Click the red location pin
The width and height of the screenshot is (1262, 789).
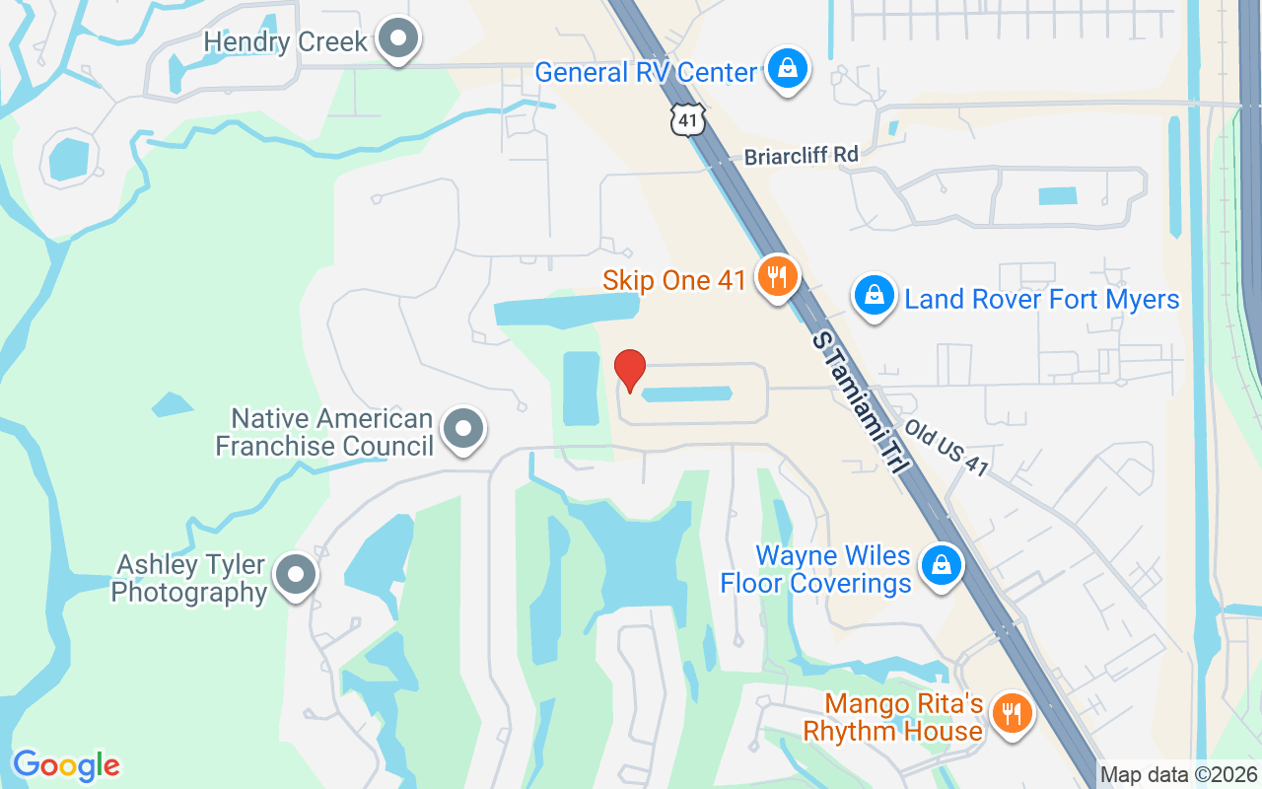click(x=630, y=370)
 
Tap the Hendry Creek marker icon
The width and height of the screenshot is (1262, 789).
click(x=398, y=40)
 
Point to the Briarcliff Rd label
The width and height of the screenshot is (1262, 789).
click(x=801, y=155)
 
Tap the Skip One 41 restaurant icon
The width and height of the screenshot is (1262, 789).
click(x=777, y=277)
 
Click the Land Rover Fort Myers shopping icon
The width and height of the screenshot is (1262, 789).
click(x=874, y=296)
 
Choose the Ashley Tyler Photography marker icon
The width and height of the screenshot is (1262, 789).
click(x=294, y=575)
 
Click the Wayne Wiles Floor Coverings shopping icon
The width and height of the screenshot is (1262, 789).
click(x=941, y=566)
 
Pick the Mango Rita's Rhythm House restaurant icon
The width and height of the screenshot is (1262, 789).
click(x=1010, y=712)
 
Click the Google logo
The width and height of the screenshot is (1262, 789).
click(x=66, y=765)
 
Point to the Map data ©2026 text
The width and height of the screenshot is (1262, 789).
click(x=1179, y=775)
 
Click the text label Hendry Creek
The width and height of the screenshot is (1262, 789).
click(x=286, y=42)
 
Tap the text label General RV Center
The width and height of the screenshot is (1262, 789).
click(x=646, y=72)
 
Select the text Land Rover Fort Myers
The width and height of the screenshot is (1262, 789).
click(x=1042, y=299)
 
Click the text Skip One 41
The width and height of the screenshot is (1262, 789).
click(x=674, y=281)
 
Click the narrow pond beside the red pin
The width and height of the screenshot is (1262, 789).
click(x=687, y=394)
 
